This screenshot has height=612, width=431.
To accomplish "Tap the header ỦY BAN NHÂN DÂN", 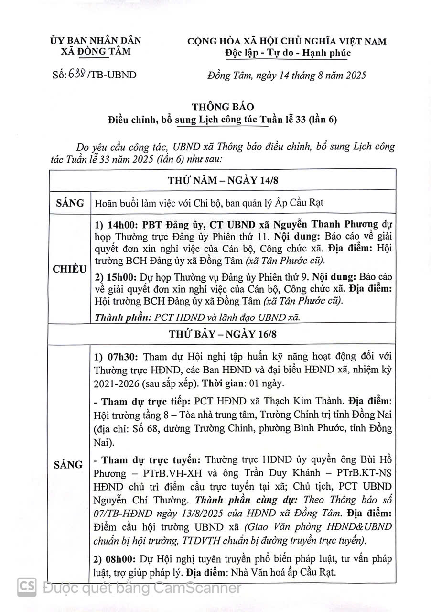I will tap(96, 41).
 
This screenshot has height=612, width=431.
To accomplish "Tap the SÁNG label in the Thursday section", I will tap(70, 203).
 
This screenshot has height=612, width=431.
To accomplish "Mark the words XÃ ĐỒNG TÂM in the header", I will tap(96, 52).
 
